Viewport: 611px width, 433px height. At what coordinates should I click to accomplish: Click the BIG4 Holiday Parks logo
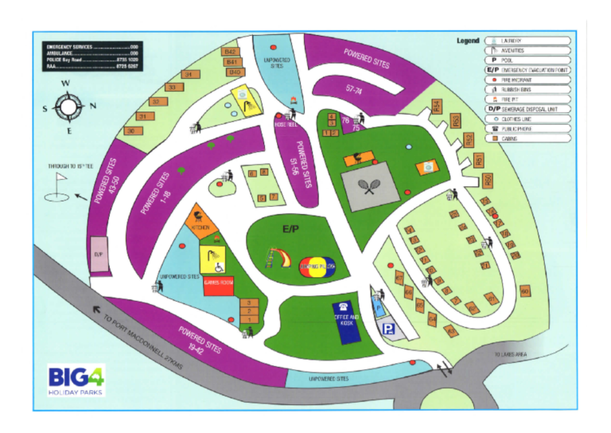pos(76,380)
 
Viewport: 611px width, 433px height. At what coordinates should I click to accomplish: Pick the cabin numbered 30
pos(130,131)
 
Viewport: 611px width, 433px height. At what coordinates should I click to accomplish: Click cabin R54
pos(436,105)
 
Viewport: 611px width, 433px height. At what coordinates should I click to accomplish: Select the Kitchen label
pos(200,228)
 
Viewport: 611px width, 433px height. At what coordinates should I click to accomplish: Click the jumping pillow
pos(318,267)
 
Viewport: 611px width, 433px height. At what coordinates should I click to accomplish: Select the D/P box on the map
pos(99,255)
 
